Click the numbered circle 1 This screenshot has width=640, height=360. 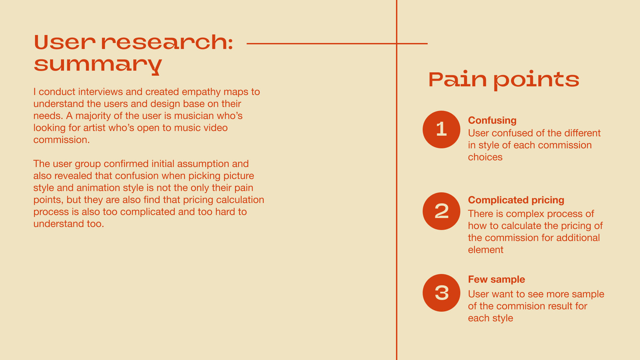pyautogui.click(x=441, y=129)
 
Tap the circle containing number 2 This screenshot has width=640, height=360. pyautogui.click(x=441, y=211)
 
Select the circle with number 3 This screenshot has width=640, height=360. pyautogui.click(x=441, y=293)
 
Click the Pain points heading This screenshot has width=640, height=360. pyautogui.click(x=504, y=80)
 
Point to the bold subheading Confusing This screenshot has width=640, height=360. pyautogui.click(x=492, y=120)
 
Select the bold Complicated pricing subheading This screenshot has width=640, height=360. pyautogui.click(x=516, y=200)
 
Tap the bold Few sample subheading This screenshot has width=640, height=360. pyautogui.click(x=496, y=279)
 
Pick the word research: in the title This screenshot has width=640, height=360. pyautogui.click(x=167, y=43)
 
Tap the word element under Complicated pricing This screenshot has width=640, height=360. pyautogui.click(x=486, y=250)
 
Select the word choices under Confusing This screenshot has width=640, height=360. pyautogui.click(x=485, y=157)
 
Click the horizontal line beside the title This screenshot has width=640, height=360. pyautogui.click(x=337, y=43)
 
